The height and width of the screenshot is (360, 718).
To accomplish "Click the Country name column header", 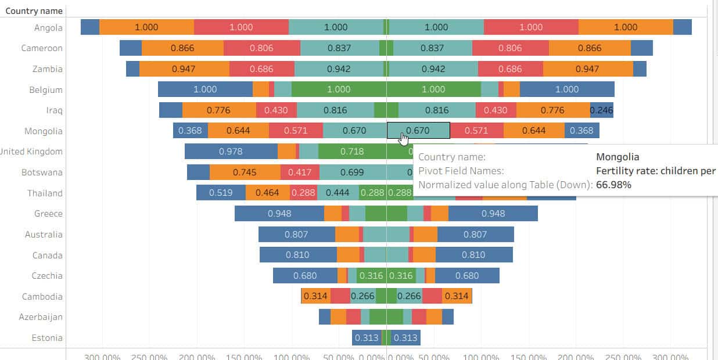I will (34, 10).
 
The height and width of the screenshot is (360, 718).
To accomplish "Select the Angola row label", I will (48, 27).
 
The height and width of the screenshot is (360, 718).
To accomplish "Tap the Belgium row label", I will (46, 90).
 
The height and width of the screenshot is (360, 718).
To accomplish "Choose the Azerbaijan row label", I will (41, 317).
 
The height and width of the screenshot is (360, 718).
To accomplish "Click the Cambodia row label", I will (42, 297).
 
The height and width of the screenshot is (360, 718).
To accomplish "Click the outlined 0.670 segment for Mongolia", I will (418, 131).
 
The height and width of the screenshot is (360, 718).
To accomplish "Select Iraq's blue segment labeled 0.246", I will (601, 110).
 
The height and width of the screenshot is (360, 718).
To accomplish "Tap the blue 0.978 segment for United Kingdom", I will (231, 152).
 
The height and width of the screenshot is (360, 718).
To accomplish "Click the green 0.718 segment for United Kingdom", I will (352, 152).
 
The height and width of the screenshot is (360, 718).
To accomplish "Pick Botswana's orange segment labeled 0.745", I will (245, 172).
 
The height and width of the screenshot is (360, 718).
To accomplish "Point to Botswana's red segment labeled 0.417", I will (300, 172).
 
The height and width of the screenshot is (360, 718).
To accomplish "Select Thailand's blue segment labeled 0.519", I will (221, 193).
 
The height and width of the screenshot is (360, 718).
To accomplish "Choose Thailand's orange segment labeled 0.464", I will (267, 193).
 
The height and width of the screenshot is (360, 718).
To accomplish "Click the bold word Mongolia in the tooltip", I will (618, 157).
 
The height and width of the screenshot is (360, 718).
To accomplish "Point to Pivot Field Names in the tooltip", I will (461, 171).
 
